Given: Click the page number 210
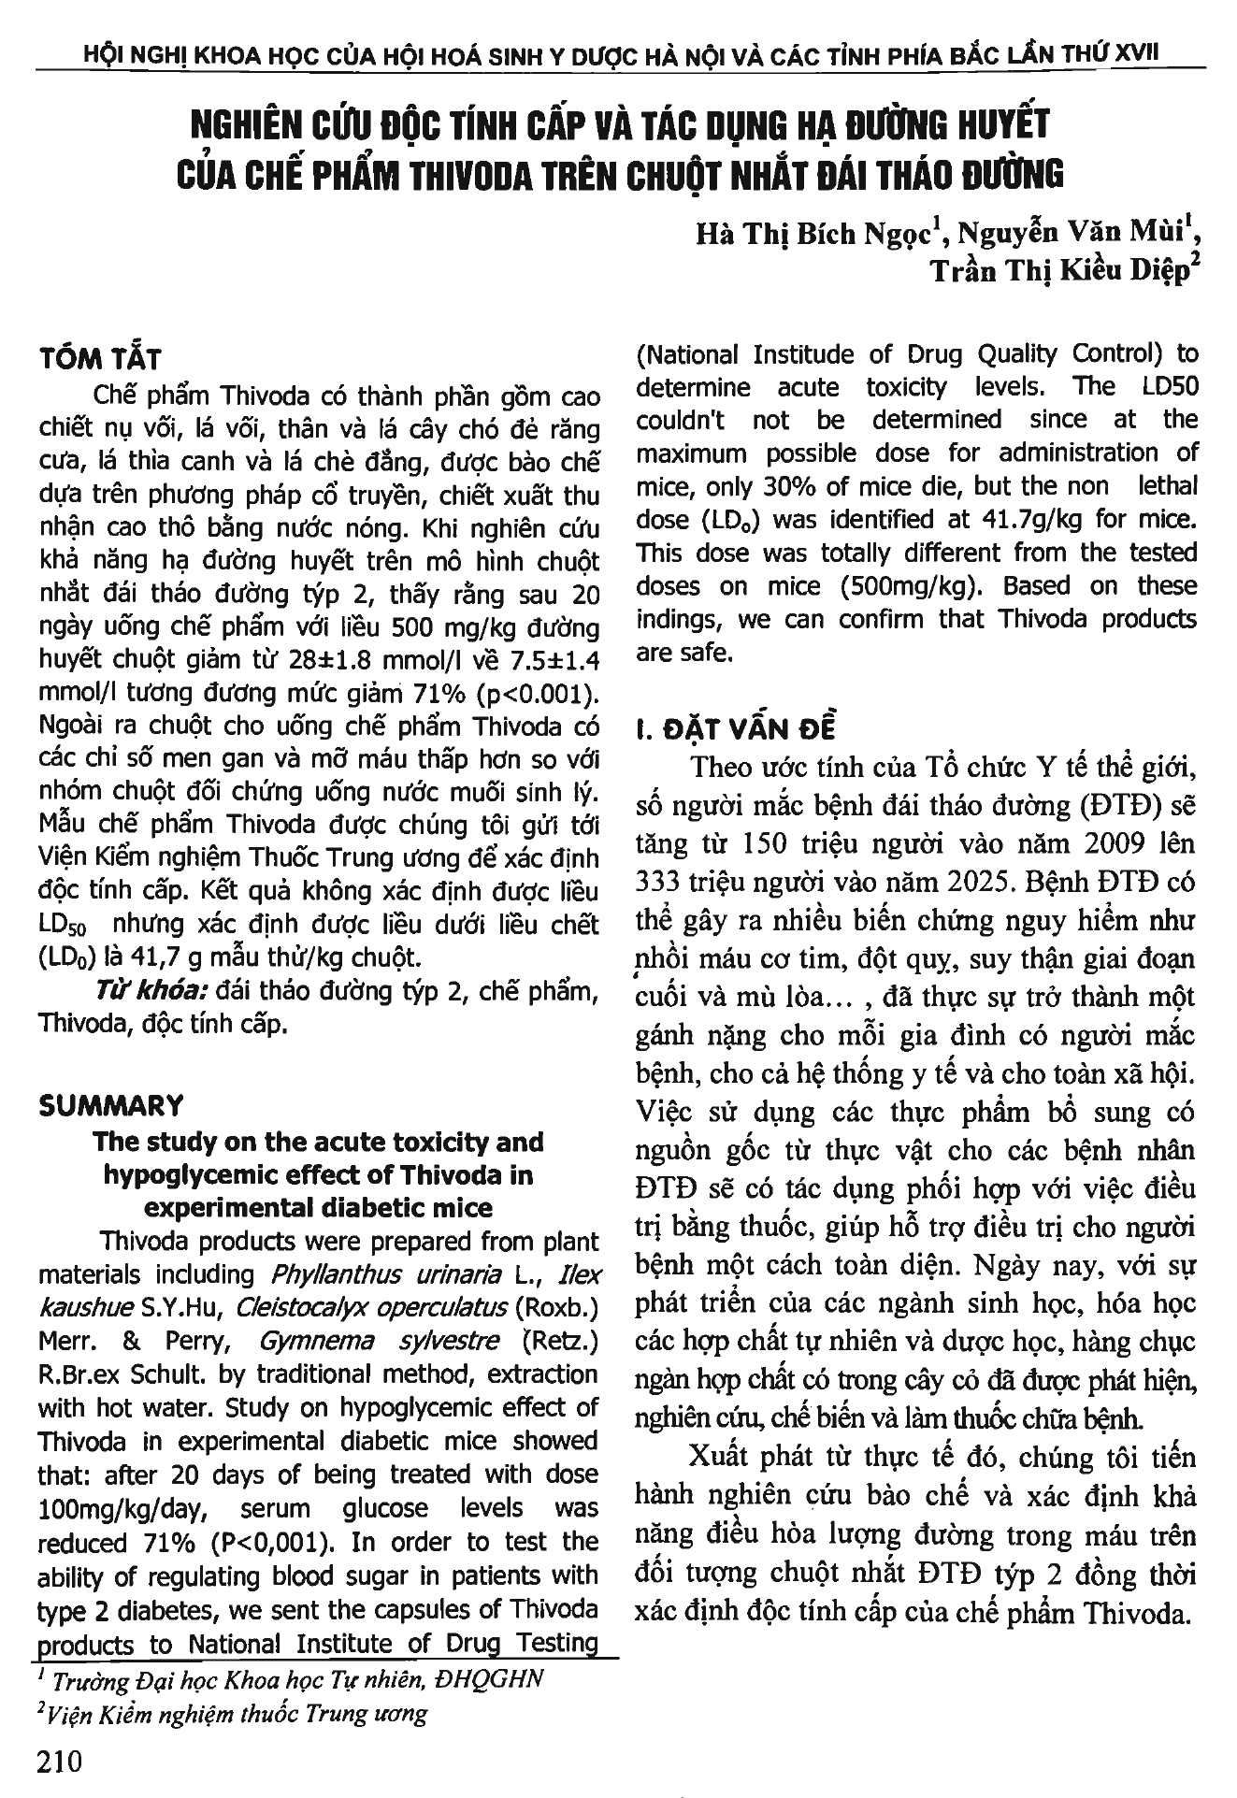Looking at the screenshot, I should point(61,1761).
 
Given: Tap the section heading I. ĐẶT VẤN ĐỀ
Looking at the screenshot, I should point(736,728).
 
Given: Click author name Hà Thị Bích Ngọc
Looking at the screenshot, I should point(813,234).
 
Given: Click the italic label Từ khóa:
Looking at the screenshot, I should point(156,991).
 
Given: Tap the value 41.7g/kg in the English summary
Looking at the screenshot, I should point(970,520).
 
